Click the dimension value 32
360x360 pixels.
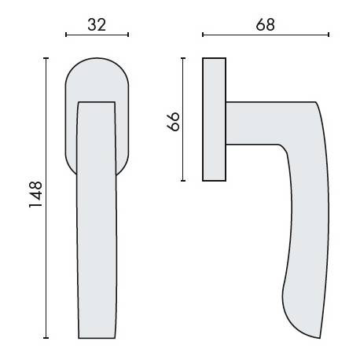(97, 24)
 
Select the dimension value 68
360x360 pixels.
(266, 24)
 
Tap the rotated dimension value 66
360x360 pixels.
(174, 120)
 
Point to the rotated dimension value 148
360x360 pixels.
(35, 196)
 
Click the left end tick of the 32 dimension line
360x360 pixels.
(66, 35)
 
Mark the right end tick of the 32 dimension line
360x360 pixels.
(128, 35)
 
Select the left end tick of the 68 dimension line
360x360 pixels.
(203, 35)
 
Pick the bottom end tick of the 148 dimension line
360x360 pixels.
(46, 338)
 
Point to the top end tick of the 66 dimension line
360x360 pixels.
(183, 57)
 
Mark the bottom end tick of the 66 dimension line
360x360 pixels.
(183, 181)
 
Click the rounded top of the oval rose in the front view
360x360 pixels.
(97, 60)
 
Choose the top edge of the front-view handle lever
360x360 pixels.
(97, 101)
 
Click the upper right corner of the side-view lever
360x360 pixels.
(315, 103)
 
